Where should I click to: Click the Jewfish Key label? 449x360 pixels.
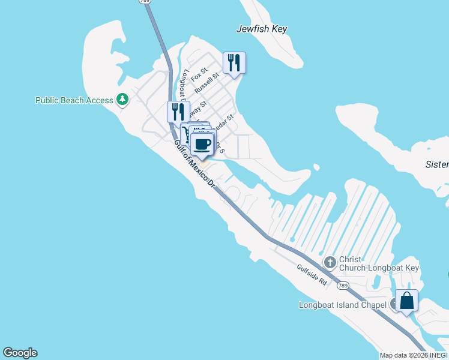tap(262, 29)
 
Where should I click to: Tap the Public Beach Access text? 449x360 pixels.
tap(74, 100)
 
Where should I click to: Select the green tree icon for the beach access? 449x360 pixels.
tap(122, 98)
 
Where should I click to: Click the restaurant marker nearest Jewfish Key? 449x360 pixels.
tap(234, 62)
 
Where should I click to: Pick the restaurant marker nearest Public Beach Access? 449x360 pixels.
tap(178, 111)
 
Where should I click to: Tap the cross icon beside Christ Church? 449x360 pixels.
tap(330, 262)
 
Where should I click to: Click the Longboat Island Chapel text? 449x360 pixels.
tap(343, 305)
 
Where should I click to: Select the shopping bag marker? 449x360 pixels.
tap(406, 301)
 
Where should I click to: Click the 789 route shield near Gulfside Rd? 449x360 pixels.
tap(342, 286)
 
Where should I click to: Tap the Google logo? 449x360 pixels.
tap(20, 353)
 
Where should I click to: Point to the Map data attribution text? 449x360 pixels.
tap(414, 355)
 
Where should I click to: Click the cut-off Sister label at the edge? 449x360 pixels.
tap(436, 164)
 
